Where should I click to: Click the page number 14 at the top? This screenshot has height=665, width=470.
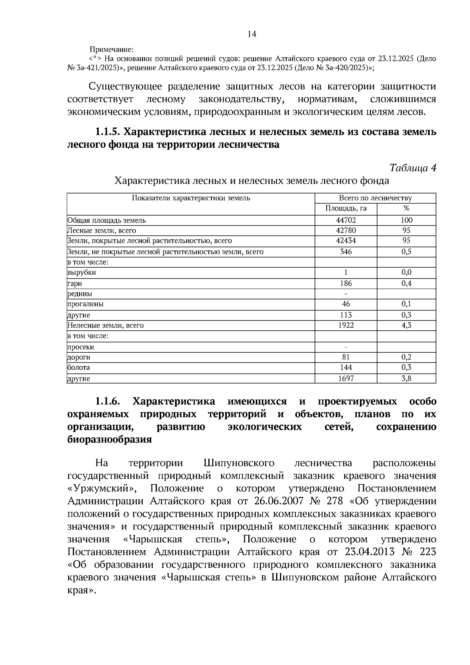point(251,34)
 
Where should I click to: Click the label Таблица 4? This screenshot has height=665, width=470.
point(412,168)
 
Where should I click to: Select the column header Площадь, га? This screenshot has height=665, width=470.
point(346,208)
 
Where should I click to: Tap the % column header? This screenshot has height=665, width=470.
point(406,208)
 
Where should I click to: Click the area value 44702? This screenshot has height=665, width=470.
point(346,220)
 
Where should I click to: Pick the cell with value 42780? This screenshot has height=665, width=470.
point(346,230)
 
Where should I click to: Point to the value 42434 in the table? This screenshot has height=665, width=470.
point(346,241)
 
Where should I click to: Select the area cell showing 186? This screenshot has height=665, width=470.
point(346,283)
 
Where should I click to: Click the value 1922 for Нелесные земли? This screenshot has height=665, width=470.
point(346,325)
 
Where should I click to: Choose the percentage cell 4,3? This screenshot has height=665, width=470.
point(406,325)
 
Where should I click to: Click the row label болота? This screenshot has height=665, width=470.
point(79,368)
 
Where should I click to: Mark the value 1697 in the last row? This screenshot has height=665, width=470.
point(346,379)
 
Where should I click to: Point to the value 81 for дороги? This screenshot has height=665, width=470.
point(346,357)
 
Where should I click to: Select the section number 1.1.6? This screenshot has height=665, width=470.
point(108,402)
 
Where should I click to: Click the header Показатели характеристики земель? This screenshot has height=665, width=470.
point(191,198)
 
